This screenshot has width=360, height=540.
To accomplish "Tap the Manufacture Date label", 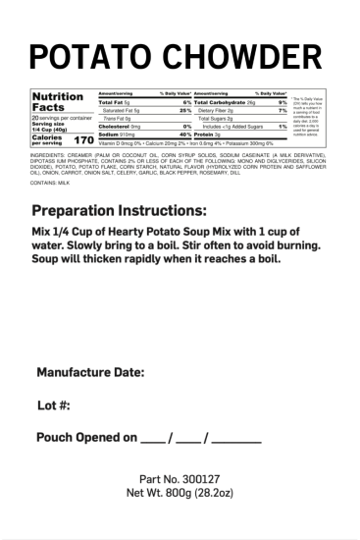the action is coord(90,372).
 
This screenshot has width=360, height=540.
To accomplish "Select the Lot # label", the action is coord(55,405).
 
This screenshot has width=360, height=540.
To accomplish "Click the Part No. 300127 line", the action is coord(180,478).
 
